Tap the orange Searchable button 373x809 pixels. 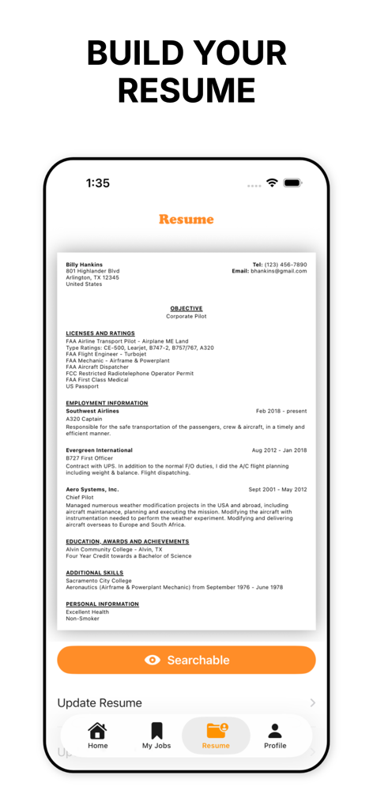(x=186, y=660)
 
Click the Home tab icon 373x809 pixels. (x=97, y=731)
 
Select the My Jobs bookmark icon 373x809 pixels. (x=156, y=731)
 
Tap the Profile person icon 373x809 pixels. (x=274, y=731)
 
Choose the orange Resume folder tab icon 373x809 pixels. (x=216, y=731)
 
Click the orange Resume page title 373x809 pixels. (x=186, y=219)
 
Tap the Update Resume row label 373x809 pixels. (x=100, y=702)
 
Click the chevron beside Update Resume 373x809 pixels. (x=313, y=702)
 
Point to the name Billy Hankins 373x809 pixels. (x=84, y=265)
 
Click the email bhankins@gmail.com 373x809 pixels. (x=278, y=271)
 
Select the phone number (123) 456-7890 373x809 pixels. (x=285, y=265)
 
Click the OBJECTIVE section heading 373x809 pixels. (x=186, y=308)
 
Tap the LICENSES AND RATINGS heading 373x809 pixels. (x=100, y=333)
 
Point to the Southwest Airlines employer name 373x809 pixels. (x=92, y=411)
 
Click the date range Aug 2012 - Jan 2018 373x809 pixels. (x=279, y=450)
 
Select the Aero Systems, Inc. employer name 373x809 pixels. (x=92, y=489)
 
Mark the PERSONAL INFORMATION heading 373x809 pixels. (x=102, y=604)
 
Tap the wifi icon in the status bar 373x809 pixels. (x=272, y=182)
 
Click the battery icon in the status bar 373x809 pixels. (x=292, y=182)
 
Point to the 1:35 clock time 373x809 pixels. (x=98, y=182)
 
